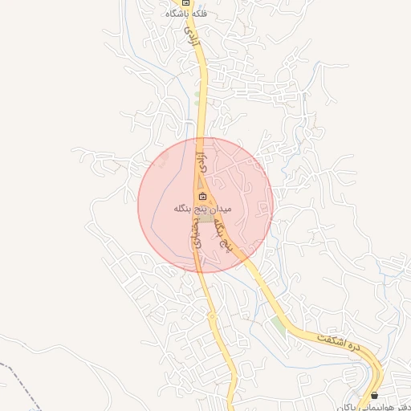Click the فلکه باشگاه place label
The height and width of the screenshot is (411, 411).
186,14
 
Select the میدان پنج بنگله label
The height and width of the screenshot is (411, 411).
202,209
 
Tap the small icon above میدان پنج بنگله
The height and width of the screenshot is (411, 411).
202,197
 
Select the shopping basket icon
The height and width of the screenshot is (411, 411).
374,395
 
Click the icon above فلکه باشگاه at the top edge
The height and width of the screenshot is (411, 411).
186,2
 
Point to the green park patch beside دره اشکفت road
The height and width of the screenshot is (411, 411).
278,324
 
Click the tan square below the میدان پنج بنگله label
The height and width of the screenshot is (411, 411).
206,218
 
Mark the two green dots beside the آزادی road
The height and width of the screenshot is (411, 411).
197,98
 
